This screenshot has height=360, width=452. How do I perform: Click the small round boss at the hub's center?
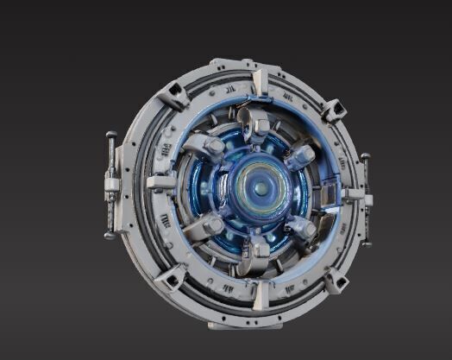pos(260,186)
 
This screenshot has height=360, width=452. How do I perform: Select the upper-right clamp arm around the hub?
pos(300,155)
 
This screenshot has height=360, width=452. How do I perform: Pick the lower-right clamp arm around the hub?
pos(302,228)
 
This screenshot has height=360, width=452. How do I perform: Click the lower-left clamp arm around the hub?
pos(204,227)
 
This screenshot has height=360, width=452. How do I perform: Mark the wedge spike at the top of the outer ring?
pos(259,82)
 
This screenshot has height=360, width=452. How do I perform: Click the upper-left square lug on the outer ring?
pos(176,92)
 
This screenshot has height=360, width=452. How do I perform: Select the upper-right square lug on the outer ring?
pos(334,110)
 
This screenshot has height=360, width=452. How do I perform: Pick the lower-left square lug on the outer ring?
pos(173,276)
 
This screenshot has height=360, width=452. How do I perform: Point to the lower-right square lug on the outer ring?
pos(335,279)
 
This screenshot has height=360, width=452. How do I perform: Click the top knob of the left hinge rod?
pos(111,136)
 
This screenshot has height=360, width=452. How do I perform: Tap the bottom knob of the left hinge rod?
pos(110,234)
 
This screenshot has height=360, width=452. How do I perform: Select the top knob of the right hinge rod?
pos(366,158)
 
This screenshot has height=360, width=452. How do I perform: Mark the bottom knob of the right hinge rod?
pos(366,243)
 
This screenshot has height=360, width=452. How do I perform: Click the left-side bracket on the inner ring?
pos(161,182)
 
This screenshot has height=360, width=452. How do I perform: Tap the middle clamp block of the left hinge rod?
pos(111,184)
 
